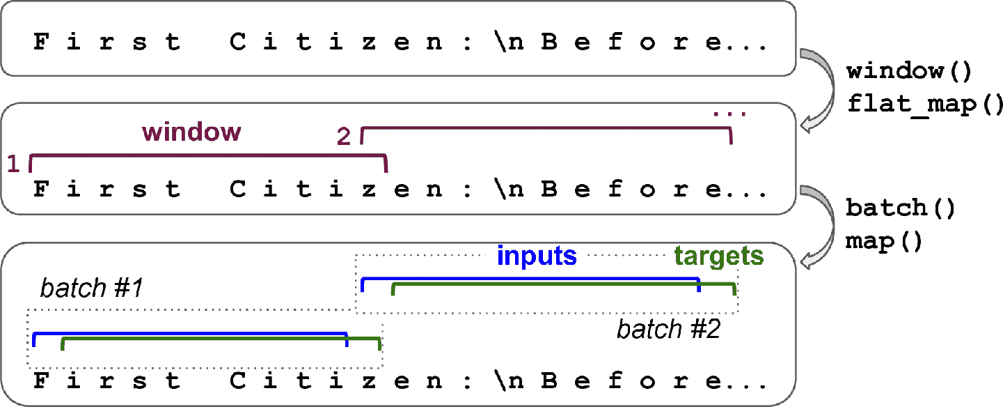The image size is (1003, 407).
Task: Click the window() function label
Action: (x=903, y=72)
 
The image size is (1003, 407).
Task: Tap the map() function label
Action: (x=884, y=242)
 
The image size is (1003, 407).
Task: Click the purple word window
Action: (x=191, y=132)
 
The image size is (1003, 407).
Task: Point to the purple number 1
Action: (x=13, y=163)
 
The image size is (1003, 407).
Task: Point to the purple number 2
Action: (x=344, y=137)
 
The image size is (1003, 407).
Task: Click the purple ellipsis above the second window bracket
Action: (x=729, y=112)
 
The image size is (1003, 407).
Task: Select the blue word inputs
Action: (x=537, y=256)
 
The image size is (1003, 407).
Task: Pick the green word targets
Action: (x=719, y=256)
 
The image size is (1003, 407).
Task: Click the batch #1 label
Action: (x=91, y=288)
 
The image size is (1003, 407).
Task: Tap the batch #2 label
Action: (x=668, y=329)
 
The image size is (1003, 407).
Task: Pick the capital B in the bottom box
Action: (x=550, y=381)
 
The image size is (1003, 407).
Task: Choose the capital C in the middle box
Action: (x=239, y=190)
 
